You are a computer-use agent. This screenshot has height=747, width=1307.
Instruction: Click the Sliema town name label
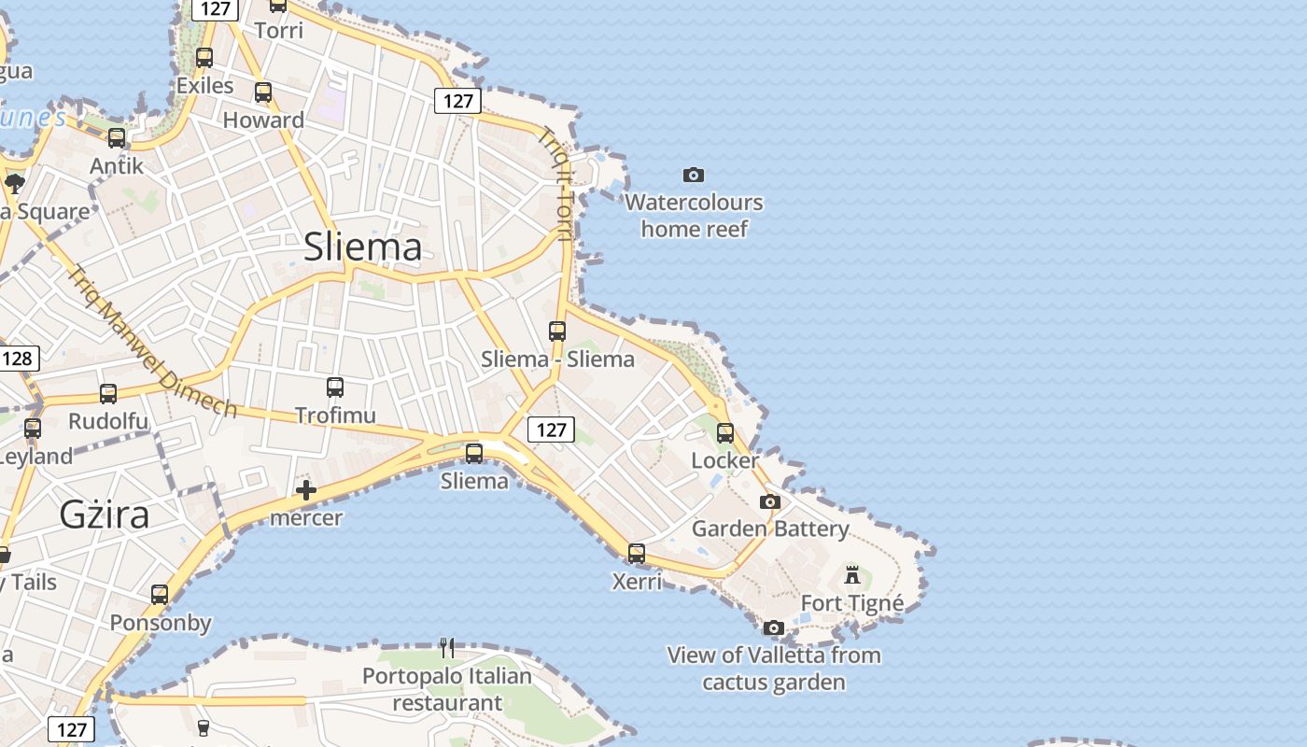[362, 247]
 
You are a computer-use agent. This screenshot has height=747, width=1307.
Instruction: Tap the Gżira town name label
[104, 514]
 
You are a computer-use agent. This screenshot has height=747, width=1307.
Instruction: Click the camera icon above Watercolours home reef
[693, 175]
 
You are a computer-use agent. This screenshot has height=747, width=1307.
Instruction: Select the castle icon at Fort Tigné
[851, 573]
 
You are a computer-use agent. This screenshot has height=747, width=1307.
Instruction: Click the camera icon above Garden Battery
[769, 501]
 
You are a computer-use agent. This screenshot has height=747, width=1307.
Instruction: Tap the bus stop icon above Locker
[724, 432]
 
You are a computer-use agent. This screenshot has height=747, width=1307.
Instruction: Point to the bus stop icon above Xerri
[636, 553]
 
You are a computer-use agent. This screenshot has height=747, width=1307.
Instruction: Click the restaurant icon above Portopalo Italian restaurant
[447, 647]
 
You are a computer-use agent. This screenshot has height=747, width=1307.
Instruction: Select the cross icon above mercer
[305, 490]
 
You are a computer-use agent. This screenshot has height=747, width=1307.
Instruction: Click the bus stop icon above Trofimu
[334, 387]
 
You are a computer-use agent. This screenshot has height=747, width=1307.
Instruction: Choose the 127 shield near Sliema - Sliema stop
[551, 430]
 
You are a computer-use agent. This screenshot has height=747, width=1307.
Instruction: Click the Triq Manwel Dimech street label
[151, 342]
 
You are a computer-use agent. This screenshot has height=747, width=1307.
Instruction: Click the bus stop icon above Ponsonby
[160, 594]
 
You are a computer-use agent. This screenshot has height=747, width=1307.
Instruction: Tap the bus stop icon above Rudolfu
[108, 394]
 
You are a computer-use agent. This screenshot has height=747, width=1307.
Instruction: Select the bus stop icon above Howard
[263, 92]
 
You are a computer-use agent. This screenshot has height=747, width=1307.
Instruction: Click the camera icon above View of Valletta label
[773, 627]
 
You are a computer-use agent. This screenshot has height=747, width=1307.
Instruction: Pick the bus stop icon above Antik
[117, 137]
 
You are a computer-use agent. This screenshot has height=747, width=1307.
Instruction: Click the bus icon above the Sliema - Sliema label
[557, 331]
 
